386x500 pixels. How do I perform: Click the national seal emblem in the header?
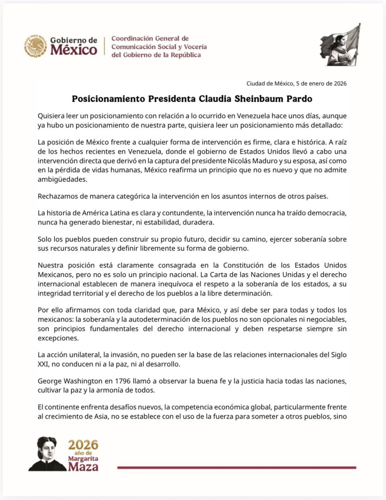click(35, 46)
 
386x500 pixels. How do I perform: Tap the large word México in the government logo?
click(73, 50)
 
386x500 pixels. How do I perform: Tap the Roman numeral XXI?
click(43, 364)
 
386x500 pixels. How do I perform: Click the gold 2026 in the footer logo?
click(83, 445)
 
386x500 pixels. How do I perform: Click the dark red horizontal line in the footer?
click(236, 467)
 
